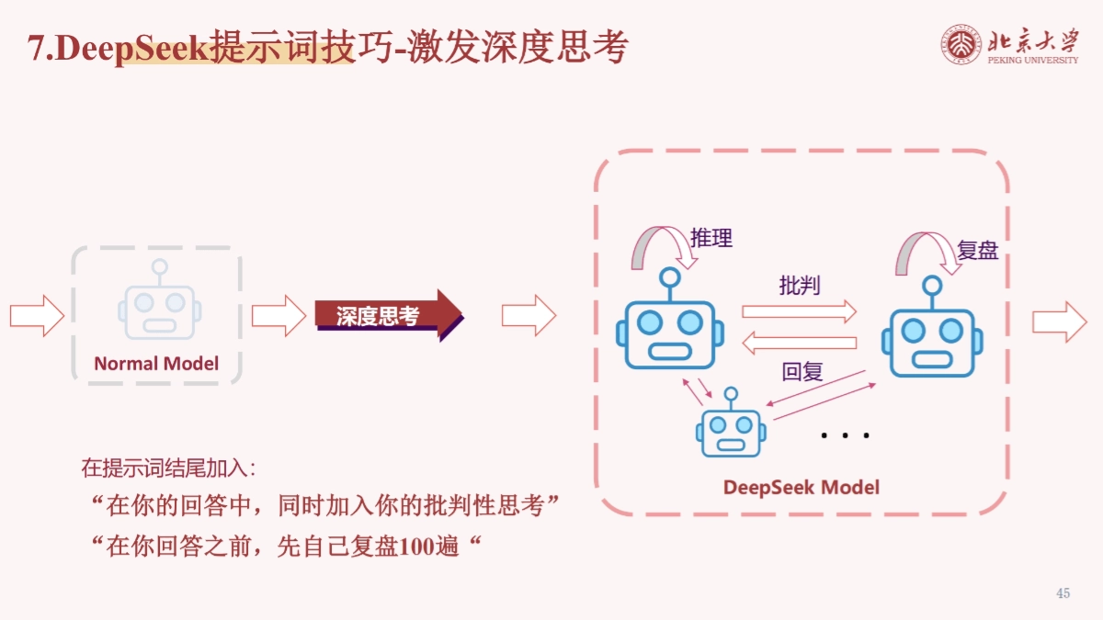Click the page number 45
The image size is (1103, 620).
(1063, 593)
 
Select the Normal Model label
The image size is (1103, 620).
(156, 364)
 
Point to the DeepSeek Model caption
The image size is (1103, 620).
(801, 487)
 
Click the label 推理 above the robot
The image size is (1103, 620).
(711, 238)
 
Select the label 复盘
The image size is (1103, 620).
(977, 251)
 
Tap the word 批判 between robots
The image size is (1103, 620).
(799, 286)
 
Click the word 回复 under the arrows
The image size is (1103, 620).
(802, 372)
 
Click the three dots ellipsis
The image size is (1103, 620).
(845, 434)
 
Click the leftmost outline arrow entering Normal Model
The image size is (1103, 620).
(37, 316)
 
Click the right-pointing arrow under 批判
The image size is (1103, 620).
(799, 311)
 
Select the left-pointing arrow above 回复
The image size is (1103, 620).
(799, 344)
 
